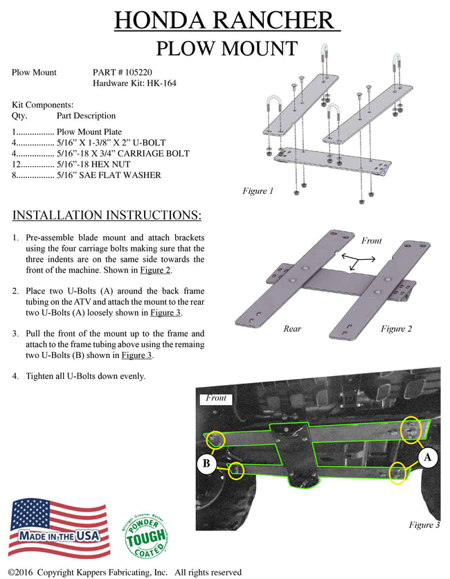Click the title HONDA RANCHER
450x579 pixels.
tap(226, 21)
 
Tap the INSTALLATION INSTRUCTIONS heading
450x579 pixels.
tap(107, 215)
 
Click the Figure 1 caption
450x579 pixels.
tap(258, 191)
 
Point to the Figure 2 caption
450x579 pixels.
tap(396, 328)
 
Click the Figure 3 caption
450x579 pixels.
tap(424, 525)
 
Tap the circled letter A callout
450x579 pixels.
tap(429, 458)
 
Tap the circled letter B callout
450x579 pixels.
tap(206, 463)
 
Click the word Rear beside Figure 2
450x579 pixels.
tap(292, 328)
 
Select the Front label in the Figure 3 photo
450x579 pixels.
tap(216, 398)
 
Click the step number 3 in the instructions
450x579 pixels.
tap(15, 333)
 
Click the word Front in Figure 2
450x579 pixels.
tap(371, 240)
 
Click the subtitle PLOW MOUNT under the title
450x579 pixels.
tap(226, 48)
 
